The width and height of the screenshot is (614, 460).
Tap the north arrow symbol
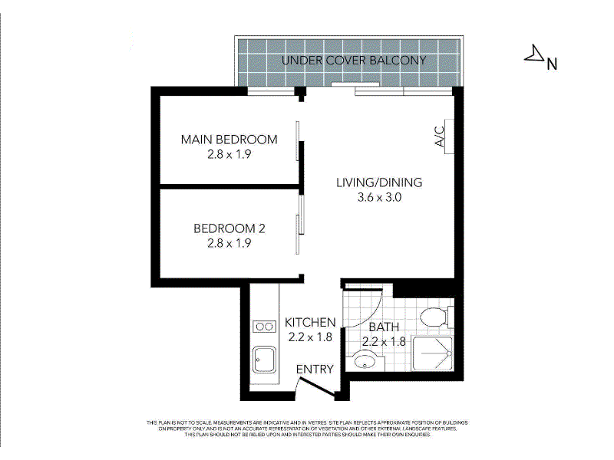(x=533, y=54)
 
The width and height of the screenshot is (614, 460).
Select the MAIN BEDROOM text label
(x=229, y=140)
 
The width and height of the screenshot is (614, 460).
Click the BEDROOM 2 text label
(x=229, y=228)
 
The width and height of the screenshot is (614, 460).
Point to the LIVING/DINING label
(x=379, y=182)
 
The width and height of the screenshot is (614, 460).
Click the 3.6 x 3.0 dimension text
(x=379, y=197)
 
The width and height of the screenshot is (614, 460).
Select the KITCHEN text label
(x=310, y=322)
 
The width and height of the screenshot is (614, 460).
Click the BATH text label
(x=383, y=327)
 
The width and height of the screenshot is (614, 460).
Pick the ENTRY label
(x=315, y=370)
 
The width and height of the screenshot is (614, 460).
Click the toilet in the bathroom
(x=434, y=316)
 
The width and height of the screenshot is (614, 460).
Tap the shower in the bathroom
(x=433, y=355)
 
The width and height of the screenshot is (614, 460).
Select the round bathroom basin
(x=365, y=360)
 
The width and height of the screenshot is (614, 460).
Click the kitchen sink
(x=265, y=358)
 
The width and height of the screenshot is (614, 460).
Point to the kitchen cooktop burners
(x=265, y=327)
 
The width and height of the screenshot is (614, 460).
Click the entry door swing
(x=316, y=388)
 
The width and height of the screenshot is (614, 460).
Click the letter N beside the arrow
(x=551, y=64)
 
